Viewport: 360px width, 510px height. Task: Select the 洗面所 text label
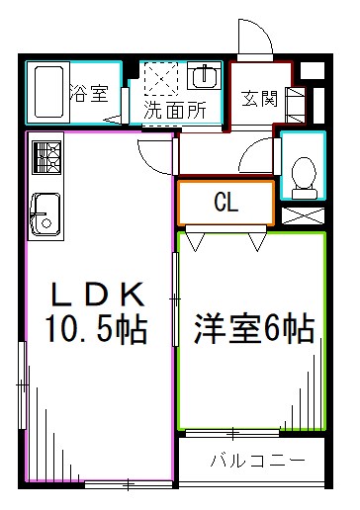[175, 111]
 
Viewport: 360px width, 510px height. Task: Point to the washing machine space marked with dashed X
[159, 77]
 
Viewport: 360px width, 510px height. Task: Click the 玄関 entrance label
[259, 100]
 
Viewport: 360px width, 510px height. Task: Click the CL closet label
[225, 203]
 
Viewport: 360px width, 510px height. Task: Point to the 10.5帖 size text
[94, 327]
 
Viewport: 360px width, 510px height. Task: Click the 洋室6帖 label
[253, 327]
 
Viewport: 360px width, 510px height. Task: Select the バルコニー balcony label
[255, 461]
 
